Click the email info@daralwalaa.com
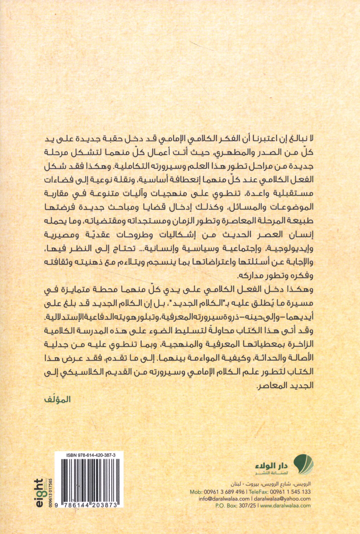point(224,499)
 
